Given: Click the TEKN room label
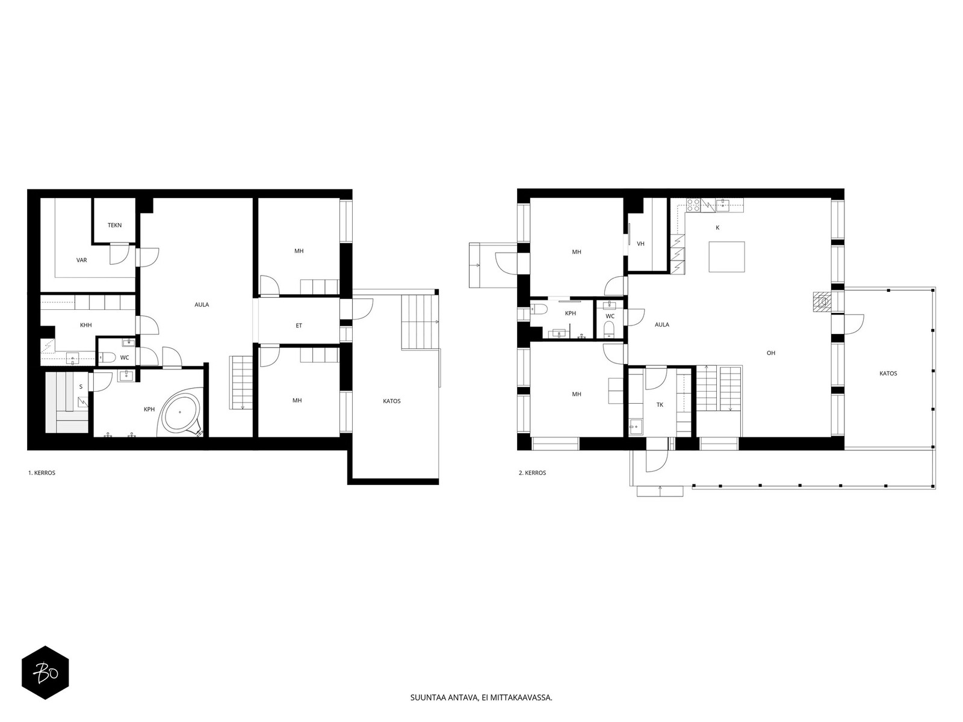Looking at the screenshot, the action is point(114,225).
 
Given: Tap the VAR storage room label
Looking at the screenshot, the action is point(82,260).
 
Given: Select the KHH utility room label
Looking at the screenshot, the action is point(86,326).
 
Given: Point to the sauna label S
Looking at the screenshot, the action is point(81,387).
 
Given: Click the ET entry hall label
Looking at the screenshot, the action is point(299,326).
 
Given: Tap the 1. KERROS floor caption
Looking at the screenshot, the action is point(42,473).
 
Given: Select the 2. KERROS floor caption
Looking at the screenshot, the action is point(532,473).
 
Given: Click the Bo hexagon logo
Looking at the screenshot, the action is point(46,673).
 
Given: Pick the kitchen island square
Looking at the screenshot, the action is point(726,257).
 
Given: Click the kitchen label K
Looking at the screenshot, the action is point(717,228).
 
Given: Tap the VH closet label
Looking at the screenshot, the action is point(640,244).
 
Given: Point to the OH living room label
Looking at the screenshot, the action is point(771,353).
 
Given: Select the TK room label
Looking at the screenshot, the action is point(660,405).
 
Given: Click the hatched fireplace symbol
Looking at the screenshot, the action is point(822,303).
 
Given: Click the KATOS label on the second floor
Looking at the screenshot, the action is point(888,374).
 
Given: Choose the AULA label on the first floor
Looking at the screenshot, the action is point(202,304).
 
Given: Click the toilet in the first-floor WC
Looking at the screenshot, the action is point(107,358).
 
